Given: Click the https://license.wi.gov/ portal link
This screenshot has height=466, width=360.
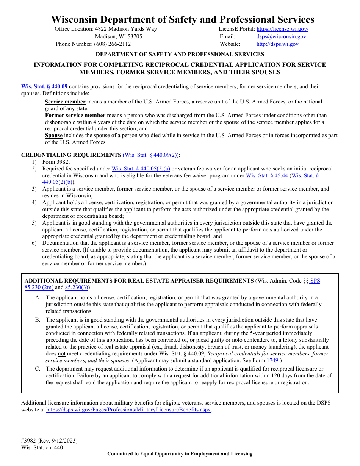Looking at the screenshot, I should [x=282, y=29].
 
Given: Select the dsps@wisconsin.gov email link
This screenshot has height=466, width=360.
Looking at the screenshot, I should [x=281, y=36].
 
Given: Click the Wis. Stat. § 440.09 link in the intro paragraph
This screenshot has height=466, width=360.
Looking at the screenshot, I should [x=44, y=86].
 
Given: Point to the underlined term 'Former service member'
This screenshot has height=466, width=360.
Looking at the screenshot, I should [x=75, y=115].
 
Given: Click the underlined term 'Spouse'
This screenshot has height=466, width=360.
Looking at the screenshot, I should [x=54, y=135].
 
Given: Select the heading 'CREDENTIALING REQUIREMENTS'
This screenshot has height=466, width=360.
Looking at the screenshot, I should [x=71, y=155].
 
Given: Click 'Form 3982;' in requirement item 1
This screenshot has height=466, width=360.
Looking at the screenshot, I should [x=56, y=162].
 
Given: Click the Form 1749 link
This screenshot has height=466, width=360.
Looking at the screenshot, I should [x=272, y=360].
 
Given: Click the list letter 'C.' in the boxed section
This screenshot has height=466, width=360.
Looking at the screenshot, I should [x=38, y=369].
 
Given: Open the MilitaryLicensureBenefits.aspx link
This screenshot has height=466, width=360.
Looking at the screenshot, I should [x=128, y=410].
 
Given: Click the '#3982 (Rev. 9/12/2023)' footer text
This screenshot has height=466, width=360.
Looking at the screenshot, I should [x=49, y=441].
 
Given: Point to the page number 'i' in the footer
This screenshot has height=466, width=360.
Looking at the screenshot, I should [x=338, y=447].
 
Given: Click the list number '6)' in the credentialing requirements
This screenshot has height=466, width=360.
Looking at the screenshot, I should [x=34, y=243].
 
